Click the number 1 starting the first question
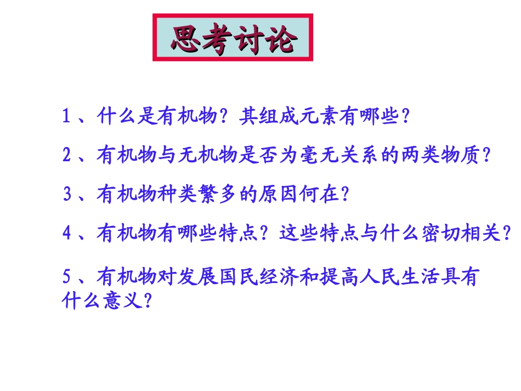pos(67,116)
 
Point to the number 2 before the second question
pos(67,156)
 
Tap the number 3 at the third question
pos(67,195)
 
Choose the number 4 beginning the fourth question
pos(67,234)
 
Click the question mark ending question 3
pos(346,195)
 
